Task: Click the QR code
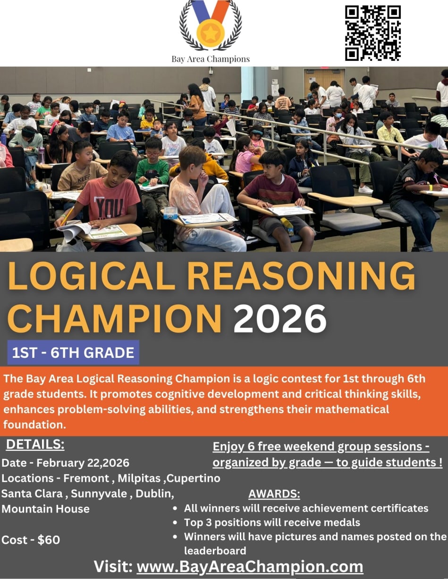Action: coord(372,33)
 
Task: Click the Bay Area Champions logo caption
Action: coord(211,59)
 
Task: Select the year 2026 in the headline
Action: coord(280,319)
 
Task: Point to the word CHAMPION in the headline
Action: coord(115,319)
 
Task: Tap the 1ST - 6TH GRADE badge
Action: coord(73,353)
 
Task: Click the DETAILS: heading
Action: coord(35,445)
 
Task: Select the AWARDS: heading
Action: coord(274,494)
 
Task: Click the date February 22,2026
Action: coord(83,463)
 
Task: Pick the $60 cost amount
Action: coord(49,540)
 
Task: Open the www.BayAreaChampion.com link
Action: coord(250,566)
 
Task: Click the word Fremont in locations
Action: coord(86,478)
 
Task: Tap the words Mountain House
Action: coord(46,509)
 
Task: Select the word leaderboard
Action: coord(215,550)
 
